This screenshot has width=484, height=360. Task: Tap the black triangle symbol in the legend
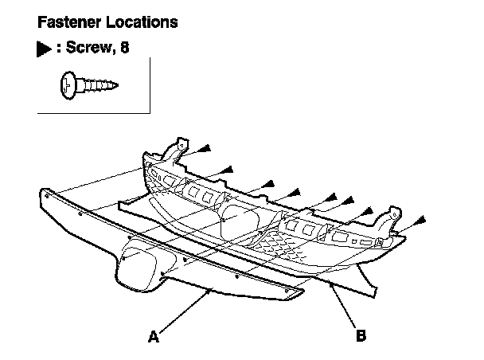(44, 49)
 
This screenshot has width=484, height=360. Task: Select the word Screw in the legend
(88, 49)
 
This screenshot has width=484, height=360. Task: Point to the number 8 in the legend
(124, 49)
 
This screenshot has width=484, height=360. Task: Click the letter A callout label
(153, 337)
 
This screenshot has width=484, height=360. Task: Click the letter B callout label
(361, 337)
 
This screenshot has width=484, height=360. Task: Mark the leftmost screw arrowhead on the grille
(205, 148)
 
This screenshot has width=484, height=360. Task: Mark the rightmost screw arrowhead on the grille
(420, 217)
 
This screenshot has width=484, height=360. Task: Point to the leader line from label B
(343, 306)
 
